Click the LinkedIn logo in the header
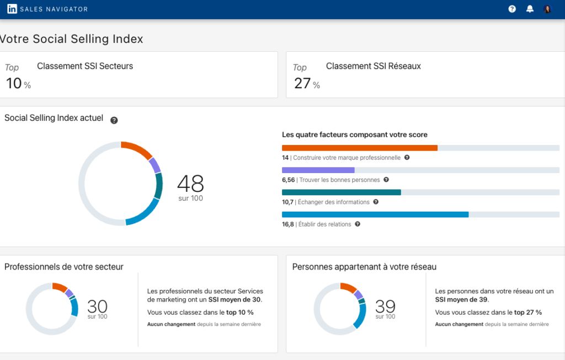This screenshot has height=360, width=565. coord(12,9)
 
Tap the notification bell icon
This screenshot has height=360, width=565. coord(530,9)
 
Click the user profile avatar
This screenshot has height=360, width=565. coord(547,9)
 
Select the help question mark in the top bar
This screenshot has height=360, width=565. coord(512,9)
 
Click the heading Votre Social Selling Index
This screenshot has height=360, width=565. coord(71,39)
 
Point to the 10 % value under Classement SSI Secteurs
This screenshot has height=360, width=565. coord(18,84)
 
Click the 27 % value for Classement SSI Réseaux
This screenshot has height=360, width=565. coord(306,84)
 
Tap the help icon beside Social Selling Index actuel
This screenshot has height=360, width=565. coord(114,120)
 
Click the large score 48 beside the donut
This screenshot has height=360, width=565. coord(190,183)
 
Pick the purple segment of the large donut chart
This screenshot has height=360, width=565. coord(155,165)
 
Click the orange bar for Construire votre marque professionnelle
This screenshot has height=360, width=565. coord(359,148)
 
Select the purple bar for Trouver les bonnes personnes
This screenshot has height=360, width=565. coord(318,170)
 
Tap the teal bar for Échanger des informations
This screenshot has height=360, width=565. coord(341,192)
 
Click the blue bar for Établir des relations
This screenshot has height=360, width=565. coord(375,214)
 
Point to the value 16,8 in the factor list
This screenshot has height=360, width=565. coord(287,224)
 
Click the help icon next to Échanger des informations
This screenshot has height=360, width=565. coord(376,202)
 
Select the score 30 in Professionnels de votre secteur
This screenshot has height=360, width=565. coord(97,307)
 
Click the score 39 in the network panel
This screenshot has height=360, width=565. coord(385,307)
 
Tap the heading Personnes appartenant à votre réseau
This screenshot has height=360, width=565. coord(364,267)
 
